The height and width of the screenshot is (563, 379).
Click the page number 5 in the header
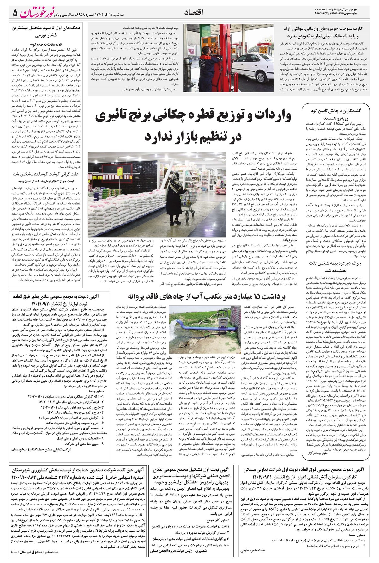pyautogui.click(x=15, y=13)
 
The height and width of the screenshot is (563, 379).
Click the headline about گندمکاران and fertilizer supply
pyautogui.click(x=340, y=114)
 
